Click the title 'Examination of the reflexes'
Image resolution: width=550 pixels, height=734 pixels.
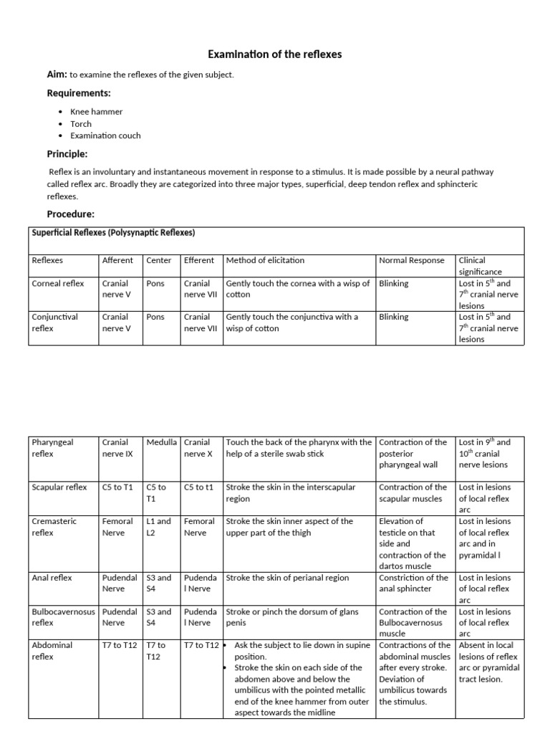pos(274,54)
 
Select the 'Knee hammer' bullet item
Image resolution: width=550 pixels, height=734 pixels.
pos(96,112)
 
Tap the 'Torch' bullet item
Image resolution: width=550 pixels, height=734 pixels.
pos(81,124)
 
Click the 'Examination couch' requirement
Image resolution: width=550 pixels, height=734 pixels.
pos(105,135)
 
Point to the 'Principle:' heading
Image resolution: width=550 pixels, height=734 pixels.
pos(67,154)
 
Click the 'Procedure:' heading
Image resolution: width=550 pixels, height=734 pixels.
pos(71,214)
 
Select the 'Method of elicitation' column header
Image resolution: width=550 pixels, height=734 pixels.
pos(265,260)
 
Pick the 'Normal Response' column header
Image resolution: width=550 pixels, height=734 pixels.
pos(411,260)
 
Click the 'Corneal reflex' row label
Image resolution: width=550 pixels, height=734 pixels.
pos(58,283)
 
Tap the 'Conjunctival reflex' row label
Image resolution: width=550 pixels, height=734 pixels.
pos(55,323)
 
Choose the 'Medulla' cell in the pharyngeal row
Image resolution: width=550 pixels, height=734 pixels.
pos(161,442)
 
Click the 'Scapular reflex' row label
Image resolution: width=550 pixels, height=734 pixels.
pos(59,487)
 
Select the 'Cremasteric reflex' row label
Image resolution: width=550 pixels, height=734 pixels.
pos(54,527)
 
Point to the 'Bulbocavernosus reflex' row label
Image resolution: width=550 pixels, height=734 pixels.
pos(64,617)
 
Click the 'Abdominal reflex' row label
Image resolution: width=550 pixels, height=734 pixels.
pos(52,650)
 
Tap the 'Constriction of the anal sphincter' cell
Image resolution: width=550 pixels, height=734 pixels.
pos(413,583)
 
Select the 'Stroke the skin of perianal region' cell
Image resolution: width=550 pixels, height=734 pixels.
pos(287,578)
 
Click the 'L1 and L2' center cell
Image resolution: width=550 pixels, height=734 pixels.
pos(159,527)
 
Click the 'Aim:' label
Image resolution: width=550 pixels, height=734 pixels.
pos(57,75)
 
